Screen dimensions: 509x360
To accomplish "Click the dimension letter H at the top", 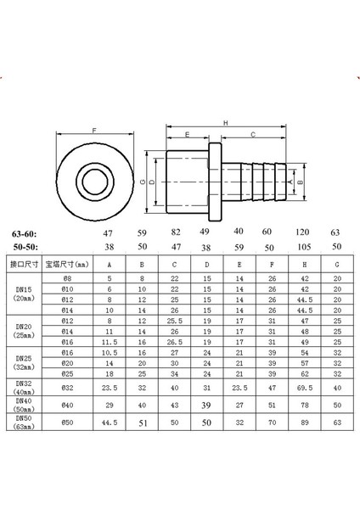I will click(x=225, y=122).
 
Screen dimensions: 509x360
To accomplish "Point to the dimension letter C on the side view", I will click(x=252, y=134).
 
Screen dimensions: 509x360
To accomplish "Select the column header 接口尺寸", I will click(x=22, y=264).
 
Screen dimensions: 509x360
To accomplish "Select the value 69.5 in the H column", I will click(x=303, y=385).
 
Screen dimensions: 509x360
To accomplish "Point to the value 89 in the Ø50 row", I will click(x=303, y=420).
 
